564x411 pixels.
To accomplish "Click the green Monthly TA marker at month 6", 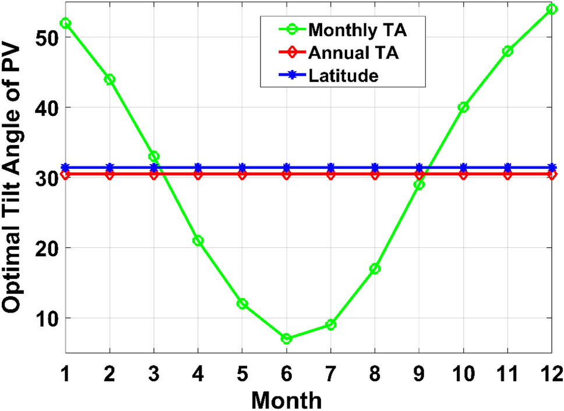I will [286, 339].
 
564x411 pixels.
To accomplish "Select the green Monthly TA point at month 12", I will [552, 9].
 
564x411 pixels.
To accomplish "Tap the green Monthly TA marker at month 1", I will [65, 23].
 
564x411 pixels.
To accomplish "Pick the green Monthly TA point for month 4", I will [198, 240].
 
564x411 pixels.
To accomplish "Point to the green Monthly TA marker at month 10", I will [463, 107].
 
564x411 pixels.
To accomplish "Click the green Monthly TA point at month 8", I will [375, 268].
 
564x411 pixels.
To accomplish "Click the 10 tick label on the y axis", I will [45, 318].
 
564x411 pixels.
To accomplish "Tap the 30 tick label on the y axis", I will [45, 178].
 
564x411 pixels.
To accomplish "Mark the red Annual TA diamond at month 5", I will [242, 175].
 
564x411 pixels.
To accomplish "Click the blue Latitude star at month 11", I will [507, 168].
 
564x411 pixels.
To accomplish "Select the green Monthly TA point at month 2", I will [110, 79].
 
